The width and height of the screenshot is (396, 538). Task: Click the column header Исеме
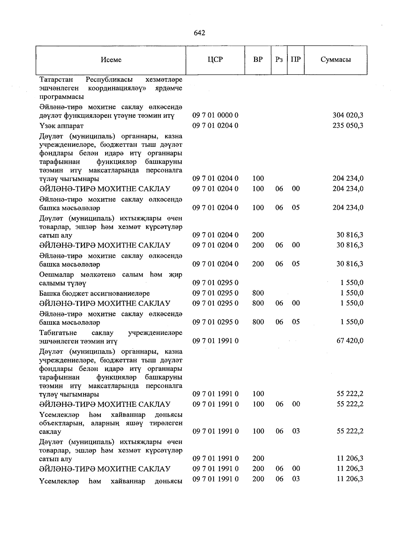coord(111,60)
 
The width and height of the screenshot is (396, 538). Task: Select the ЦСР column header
coord(215,60)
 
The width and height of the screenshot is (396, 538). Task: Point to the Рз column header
coord(279,60)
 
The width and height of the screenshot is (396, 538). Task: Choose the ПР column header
coord(296,60)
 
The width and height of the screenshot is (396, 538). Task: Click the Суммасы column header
coord(335,60)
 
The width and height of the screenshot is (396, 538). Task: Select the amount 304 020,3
coord(348,115)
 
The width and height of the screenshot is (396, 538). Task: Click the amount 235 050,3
coord(348,126)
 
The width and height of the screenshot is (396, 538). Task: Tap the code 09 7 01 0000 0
coord(215,115)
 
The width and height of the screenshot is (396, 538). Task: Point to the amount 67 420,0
coord(350,341)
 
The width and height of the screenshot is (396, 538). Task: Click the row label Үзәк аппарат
coord(61,126)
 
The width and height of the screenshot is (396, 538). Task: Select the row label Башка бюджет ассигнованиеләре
coord(94,293)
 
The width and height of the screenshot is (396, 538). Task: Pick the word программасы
coord(61,97)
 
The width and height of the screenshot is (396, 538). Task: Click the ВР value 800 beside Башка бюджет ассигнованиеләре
coord(258,293)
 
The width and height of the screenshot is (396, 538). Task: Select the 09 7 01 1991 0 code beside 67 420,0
coord(215,341)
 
